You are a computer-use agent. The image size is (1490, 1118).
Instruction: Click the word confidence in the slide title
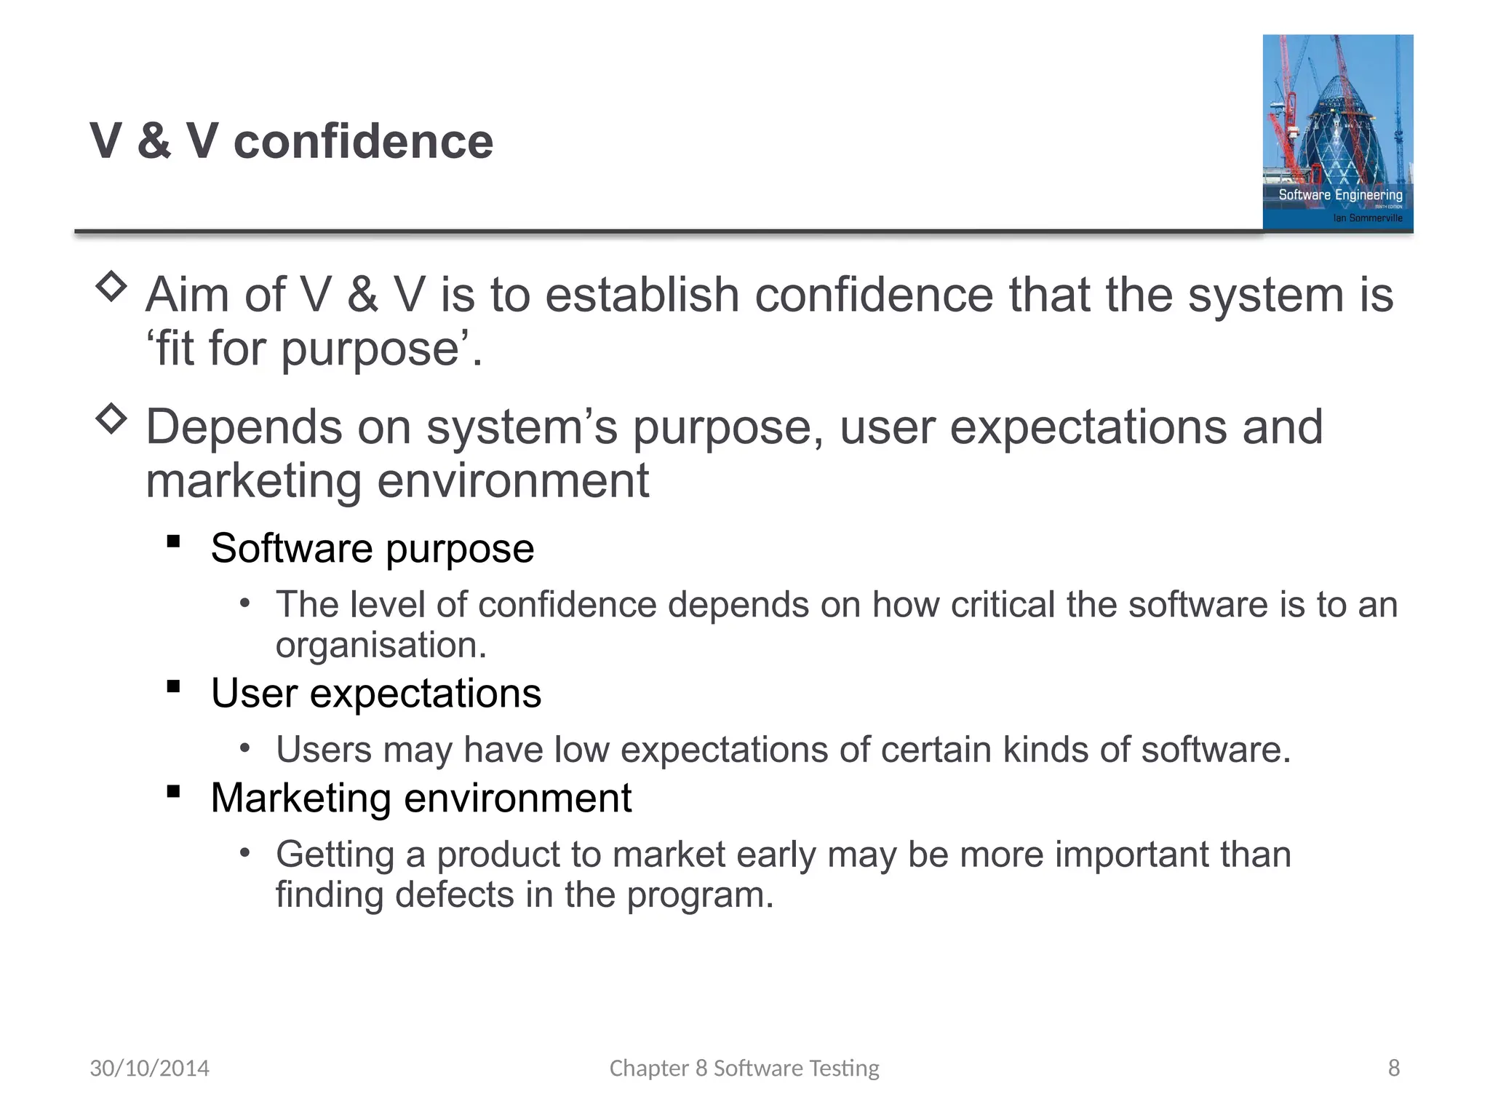coord(363,141)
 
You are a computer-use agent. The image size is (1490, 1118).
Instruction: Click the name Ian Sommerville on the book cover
coord(1367,218)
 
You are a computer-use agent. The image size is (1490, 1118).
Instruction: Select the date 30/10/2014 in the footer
coord(149,1068)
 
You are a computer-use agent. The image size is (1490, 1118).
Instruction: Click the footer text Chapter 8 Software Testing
coord(744,1068)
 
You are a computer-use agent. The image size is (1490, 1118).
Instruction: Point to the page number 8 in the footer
coord(1393,1068)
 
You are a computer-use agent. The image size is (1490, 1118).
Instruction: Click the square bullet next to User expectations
coord(173,686)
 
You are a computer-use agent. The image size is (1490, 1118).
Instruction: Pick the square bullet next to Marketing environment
coord(173,791)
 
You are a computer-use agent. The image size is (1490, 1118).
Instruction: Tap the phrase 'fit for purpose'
coord(313,349)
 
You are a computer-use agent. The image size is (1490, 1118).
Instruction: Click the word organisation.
coord(381,645)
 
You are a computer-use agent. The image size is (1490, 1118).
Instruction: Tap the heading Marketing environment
coord(421,798)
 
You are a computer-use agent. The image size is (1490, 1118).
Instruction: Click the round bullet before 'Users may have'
coord(245,748)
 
